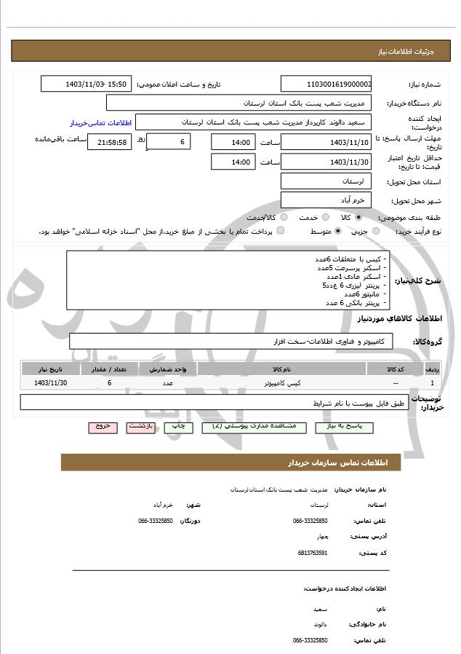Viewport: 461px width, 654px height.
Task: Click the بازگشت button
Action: click(x=140, y=426)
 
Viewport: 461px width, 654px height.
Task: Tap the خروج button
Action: click(x=103, y=426)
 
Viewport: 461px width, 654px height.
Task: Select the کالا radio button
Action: click(x=358, y=217)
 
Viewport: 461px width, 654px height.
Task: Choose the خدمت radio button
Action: click(x=325, y=217)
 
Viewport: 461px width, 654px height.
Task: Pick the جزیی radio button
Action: click(x=376, y=231)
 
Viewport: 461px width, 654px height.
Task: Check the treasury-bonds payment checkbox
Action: click(x=281, y=231)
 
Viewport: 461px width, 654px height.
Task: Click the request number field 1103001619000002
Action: click(x=326, y=84)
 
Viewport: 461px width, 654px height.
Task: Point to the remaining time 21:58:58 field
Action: click(x=110, y=142)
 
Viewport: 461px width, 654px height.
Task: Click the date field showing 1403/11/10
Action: click(x=326, y=142)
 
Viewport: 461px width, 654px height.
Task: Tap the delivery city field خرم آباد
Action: click(x=326, y=200)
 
